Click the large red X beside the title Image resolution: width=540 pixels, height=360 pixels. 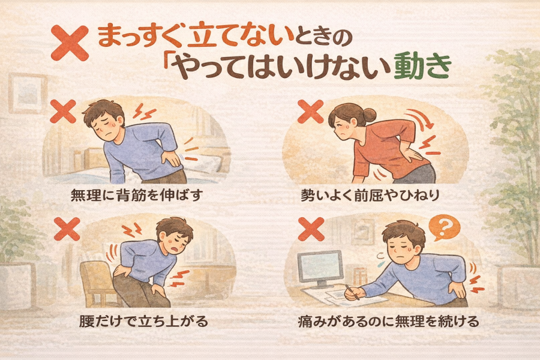(x=70, y=43)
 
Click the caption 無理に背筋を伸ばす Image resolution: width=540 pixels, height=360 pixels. (x=136, y=196)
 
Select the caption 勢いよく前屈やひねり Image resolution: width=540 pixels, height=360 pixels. (x=370, y=196)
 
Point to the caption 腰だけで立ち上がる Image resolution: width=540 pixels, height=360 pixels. (x=143, y=321)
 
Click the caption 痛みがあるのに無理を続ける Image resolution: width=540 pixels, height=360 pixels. (x=388, y=321)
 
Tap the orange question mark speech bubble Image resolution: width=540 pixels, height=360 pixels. (x=444, y=227)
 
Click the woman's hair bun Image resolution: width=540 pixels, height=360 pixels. (x=370, y=115)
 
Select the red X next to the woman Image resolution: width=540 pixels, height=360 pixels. (x=310, y=111)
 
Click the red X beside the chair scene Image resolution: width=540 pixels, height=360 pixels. (x=67, y=229)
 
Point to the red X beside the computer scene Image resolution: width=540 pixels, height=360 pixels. (x=311, y=229)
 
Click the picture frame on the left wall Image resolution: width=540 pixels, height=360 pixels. (x=28, y=94)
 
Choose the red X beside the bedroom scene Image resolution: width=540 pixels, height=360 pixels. (x=63, y=111)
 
